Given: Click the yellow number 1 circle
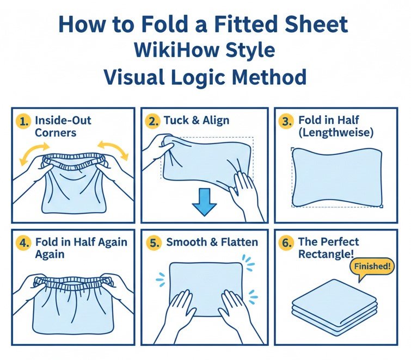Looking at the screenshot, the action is pyautogui.click(x=23, y=122).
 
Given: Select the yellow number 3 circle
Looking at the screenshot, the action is pyautogui.click(x=286, y=122).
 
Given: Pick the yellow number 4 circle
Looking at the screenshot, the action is pyautogui.click(x=23, y=243).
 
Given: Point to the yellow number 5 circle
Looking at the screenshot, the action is pyautogui.click(x=154, y=243).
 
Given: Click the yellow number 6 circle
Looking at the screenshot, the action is pyautogui.click(x=286, y=243).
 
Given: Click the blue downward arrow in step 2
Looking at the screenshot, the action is pyautogui.click(x=205, y=202).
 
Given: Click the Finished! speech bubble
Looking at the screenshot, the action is pyautogui.click(x=372, y=268).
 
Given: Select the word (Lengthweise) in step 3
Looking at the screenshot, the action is pyautogui.click(x=336, y=133).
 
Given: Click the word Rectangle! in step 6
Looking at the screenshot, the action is pyautogui.click(x=326, y=254).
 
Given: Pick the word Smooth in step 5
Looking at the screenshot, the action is pyautogui.click(x=186, y=242).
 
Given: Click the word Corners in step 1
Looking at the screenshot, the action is pyautogui.click(x=56, y=133).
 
